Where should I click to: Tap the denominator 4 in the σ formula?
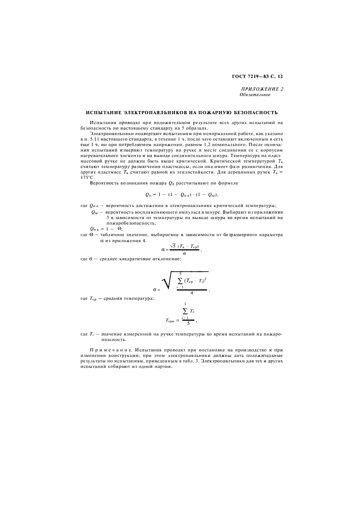(191, 292)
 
